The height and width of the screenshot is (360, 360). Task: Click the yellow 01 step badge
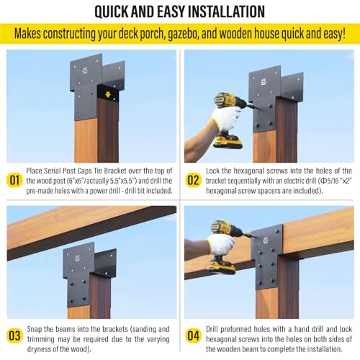pos(14,180)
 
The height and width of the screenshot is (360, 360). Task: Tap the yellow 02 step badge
pos(192,180)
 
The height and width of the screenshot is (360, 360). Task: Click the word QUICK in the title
pos(118,12)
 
